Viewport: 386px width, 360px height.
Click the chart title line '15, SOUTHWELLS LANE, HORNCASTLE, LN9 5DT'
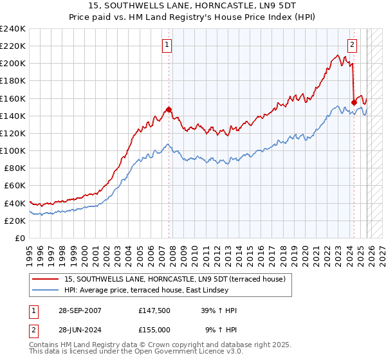click(193, 6)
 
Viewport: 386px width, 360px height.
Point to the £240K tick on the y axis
click(13, 29)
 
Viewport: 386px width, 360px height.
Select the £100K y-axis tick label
click(13, 150)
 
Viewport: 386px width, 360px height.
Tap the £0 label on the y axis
click(21, 238)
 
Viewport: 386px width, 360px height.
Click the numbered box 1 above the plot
click(167, 44)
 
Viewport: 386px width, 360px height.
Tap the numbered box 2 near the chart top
click(353, 44)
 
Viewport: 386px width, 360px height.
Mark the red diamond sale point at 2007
click(169, 110)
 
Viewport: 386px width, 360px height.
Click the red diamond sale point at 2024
click(354, 102)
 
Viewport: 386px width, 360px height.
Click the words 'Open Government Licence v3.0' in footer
click(188, 352)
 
